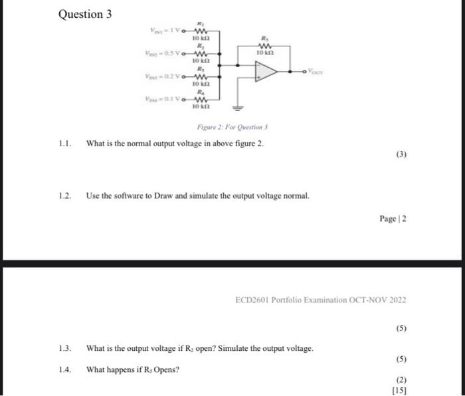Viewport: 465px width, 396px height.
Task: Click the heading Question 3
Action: pyautogui.click(x=85, y=14)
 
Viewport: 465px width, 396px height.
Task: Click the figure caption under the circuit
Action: pyautogui.click(x=231, y=128)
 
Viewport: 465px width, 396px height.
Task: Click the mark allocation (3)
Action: pyautogui.click(x=401, y=155)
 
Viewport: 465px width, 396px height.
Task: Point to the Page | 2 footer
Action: pyautogui.click(x=392, y=219)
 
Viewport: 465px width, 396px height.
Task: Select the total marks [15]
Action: pyautogui.click(x=399, y=390)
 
